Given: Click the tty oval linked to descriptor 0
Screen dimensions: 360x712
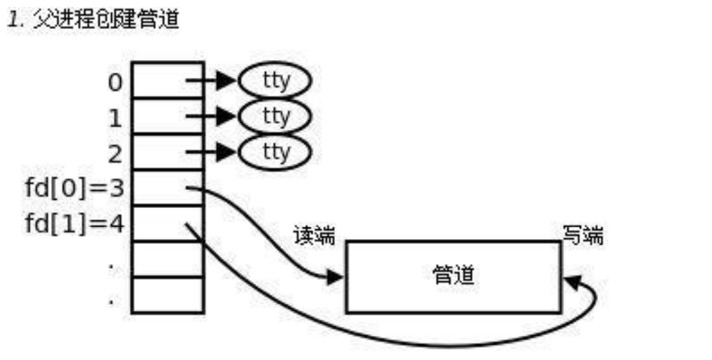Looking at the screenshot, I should (x=275, y=82).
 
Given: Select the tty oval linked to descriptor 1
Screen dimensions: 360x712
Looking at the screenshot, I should (x=275, y=116).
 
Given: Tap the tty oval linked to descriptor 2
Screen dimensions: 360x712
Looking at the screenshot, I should (x=275, y=151).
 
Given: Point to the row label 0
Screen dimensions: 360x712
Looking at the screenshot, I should (x=115, y=82).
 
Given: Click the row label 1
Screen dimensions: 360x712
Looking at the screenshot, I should (x=115, y=118).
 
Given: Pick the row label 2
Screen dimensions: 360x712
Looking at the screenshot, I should (x=115, y=153).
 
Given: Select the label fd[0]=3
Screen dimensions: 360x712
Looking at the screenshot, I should (x=74, y=189).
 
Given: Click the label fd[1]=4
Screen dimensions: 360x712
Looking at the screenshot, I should (x=74, y=225).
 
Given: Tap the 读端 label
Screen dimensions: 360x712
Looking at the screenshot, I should (x=314, y=237).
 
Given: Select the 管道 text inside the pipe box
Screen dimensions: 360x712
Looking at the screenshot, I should (x=454, y=276).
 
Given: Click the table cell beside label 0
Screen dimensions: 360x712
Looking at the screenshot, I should (x=167, y=80).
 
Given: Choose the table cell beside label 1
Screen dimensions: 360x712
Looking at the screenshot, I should (x=167, y=116).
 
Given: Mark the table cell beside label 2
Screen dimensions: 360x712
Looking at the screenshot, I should (x=167, y=152).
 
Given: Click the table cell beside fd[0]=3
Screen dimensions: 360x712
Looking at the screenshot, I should (x=167, y=188).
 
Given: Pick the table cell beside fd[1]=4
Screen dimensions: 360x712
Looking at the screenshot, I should (x=167, y=223).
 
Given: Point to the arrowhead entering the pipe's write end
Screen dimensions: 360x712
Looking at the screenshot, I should (x=572, y=281).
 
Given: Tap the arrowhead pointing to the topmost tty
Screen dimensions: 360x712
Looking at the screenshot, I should (x=227, y=82).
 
